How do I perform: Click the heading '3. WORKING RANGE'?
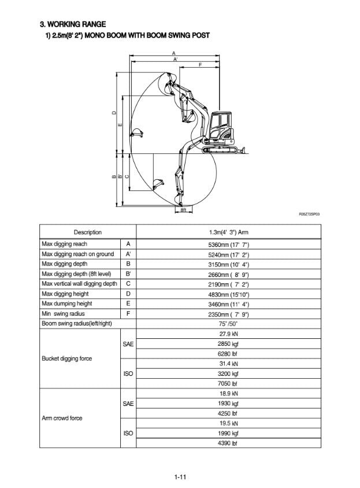[x=73, y=24]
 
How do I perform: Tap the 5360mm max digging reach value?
[x=228, y=245]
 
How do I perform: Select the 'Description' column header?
[x=87, y=232]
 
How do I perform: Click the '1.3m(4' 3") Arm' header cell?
[x=228, y=232]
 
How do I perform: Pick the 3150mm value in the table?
[x=228, y=264]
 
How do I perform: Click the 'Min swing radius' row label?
[x=63, y=313]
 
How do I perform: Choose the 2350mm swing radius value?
[x=228, y=313]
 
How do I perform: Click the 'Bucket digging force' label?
[x=67, y=358]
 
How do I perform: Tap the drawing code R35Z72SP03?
[x=309, y=213]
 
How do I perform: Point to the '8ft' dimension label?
[x=183, y=209]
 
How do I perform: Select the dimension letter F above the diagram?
[x=200, y=65]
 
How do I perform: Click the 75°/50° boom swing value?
[x=228, y=324]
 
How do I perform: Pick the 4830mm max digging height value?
[x=228, y=294]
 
